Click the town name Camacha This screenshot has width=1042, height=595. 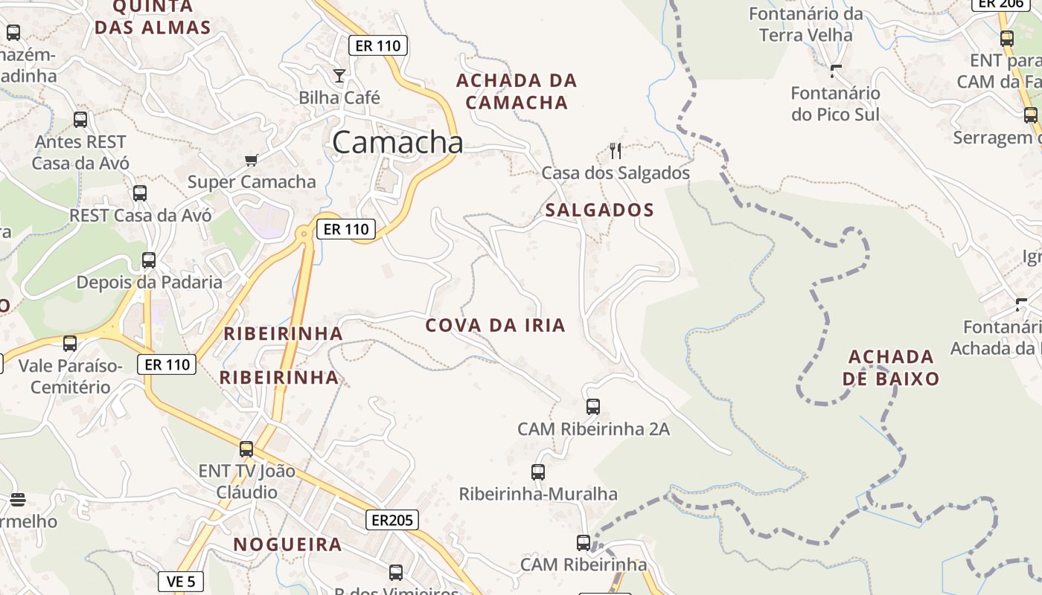tap(397, 141)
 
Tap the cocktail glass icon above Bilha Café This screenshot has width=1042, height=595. tap(339, 75)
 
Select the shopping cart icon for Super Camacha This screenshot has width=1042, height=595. tap(252, 160)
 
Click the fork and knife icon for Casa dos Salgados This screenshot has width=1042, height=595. tap(616, 151)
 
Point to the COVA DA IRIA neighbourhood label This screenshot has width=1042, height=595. tap(495, 325)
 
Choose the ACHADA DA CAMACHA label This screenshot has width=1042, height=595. tap(517, 91)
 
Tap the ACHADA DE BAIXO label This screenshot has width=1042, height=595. tap(891, 367)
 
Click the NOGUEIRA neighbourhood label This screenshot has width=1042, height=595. tap(287, 544)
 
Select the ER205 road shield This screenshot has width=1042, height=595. tap(391, 520)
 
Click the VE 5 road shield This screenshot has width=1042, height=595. tap(181, 582)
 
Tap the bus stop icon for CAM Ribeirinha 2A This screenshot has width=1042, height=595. tap(593, 407)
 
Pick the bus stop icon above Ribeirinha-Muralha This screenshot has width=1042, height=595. tap(538, 472)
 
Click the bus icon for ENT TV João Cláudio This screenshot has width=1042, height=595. tap(246, 449)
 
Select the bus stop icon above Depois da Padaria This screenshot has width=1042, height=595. tap(149, 260)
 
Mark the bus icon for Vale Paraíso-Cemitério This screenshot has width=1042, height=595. tap(70, 344)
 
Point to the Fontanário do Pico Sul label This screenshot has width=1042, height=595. tap(835, 104)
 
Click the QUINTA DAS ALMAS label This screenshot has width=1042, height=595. tap(153, 17)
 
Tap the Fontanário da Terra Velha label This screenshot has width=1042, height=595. tap(805, 24)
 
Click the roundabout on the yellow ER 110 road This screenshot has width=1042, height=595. tap(303, 234)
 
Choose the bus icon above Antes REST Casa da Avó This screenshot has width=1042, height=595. tap(80, 119)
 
